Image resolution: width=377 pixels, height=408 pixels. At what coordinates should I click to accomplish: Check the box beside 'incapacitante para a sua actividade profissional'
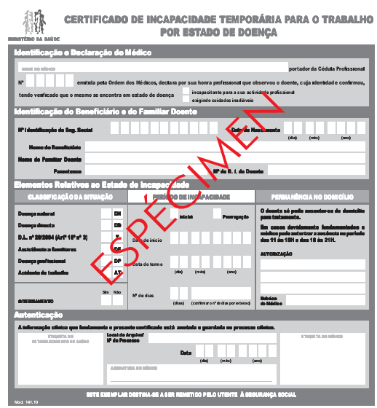coord(185,92)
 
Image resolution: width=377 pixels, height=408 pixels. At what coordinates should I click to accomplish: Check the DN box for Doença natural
coord(117,214)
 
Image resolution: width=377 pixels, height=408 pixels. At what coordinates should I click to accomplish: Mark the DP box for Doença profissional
coord(117,260)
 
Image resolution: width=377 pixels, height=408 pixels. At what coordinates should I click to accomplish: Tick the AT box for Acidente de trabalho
coord(117,272)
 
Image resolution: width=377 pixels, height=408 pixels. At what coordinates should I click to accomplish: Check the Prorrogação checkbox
coord(217,213)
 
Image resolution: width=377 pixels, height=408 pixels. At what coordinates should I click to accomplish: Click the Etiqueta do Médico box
coord(321,357)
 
